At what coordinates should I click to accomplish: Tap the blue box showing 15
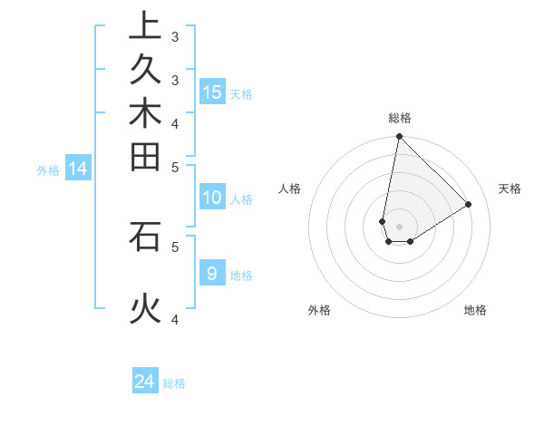click(212, 92)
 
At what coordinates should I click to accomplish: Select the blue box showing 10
click(212, 198)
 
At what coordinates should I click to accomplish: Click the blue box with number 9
click(212, 273)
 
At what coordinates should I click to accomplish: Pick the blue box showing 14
click(78, 168)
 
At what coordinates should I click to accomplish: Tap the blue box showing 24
click(145, 382)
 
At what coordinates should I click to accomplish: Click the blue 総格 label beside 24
click(174, 383)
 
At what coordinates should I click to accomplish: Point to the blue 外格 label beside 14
click(48, 169)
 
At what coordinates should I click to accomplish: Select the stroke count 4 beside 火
click(175, 318)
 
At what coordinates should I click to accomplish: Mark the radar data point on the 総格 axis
click(399, 137)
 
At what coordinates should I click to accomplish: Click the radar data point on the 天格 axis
click(468, 205)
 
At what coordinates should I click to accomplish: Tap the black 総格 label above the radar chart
click(399, 118)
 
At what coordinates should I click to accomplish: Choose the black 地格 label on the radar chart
click(475, 310)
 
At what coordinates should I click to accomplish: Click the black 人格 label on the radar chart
click(290, 189)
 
